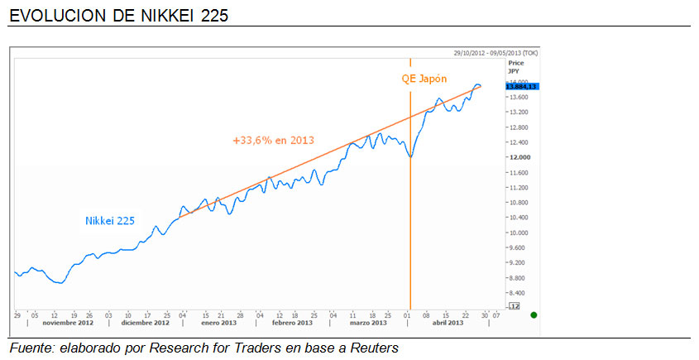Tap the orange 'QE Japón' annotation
coord(424,79)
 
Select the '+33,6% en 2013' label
coord(273,141)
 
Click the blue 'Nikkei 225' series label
coord(110,221)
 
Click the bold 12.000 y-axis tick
coord(519,157)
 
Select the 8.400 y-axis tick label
coord(519,292)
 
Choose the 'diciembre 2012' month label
coord(146,323)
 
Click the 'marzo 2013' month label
coord(365,323)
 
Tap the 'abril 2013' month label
coord(448,323)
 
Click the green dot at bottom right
coord(534,314)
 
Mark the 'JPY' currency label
coord(513,71)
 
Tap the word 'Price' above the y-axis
coord(515,63)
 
